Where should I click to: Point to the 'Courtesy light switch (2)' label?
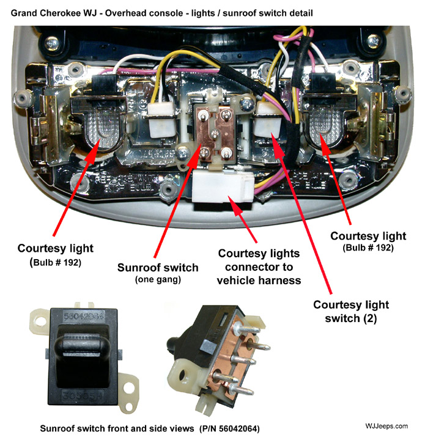350,312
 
